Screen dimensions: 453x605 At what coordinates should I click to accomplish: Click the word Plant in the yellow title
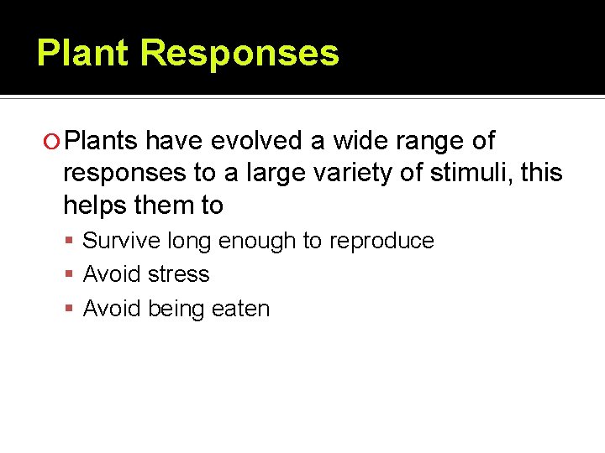83,53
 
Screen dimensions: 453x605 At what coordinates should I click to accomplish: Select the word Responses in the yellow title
239,53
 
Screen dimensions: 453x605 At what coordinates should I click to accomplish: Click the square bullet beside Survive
71,242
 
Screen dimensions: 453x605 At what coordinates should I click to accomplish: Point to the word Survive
122,241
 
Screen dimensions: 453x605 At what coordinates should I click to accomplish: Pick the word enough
257,241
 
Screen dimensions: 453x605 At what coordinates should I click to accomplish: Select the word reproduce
381,242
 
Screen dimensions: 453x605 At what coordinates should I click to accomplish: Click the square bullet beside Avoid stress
71,275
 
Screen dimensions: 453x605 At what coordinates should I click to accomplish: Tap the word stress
178,274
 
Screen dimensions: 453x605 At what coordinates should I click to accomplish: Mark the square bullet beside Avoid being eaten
71,310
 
